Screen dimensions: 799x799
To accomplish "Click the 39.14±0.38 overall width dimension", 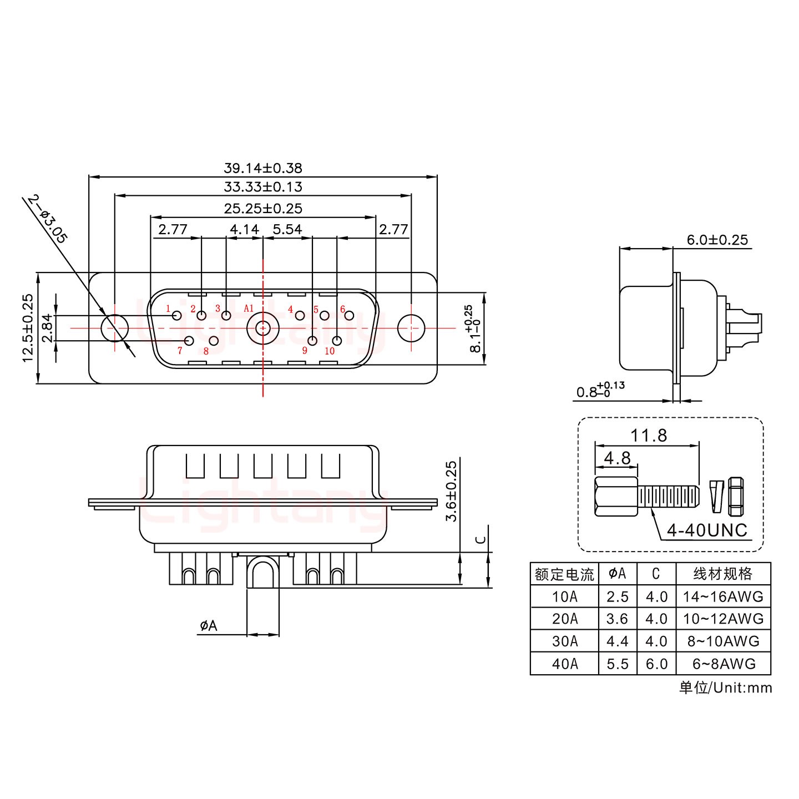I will pyautogui.click(x=262, y=168).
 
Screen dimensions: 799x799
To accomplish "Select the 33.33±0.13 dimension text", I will pyautogui.click(x=262, y=187).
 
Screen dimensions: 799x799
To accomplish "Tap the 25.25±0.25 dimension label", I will pyautogui.click(x=262, y=209).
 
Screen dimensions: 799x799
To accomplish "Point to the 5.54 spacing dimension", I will pyautogui.click(x=287, y=229).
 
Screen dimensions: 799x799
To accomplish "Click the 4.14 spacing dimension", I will pyautogui.click(x=244, y=229).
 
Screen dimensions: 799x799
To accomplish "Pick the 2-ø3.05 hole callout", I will pyautogui.click(x=48, y=219).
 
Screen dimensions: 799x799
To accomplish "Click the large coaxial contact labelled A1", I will pyautogui.click(x=262, y=328).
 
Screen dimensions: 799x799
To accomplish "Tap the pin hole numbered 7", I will pyautogui.click(x=189, y=341).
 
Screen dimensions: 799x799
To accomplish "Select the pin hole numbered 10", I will pyautogui.click(x=337, y=341).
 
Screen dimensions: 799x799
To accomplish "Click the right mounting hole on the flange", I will pyautogui.click(x=411, y=327).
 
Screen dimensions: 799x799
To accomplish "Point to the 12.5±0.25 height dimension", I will pyautogui.click(x=28, y=327).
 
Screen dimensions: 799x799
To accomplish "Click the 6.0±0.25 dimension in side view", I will pyautogui.click(x=717, y=240).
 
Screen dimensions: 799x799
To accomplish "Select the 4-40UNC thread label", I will pyautogui.click(x=707, y=530).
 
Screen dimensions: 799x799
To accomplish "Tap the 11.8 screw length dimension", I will pyautogui.click(x=649, y=436).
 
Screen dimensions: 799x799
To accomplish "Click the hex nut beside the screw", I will pyautogui.click(x=735, y=495).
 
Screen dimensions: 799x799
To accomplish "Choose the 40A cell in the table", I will pyautogui.click(x=564, y=664).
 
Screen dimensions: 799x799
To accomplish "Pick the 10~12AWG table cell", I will pyautogui.click(x=722, y=619).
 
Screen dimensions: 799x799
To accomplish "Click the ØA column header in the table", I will pyautogui.click(x=617, y=574).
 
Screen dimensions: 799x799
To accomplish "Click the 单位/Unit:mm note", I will pyautogui.click(x=725, y=688).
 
